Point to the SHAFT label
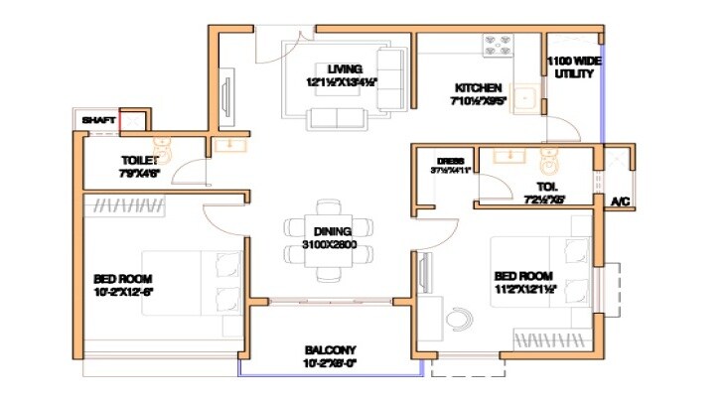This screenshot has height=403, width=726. (98, 120)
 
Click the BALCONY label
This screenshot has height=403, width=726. (330, 349)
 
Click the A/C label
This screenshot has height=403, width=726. (621, 202)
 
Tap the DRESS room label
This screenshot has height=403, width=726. (451, 160)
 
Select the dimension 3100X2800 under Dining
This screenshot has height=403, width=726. (330, 244)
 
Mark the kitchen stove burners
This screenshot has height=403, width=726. (497, 45)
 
